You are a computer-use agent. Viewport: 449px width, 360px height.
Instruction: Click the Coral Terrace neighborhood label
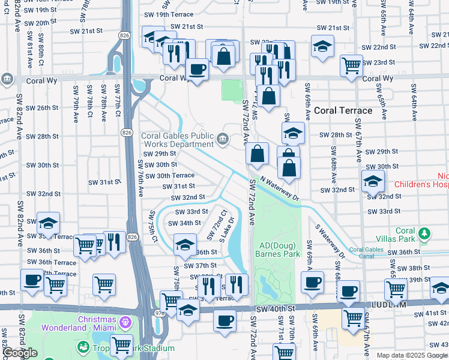343,110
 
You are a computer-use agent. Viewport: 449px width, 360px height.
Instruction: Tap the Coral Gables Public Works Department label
178,140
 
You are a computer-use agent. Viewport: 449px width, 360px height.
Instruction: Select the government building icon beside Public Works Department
223,140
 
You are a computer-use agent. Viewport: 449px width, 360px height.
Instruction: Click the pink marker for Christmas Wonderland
125,322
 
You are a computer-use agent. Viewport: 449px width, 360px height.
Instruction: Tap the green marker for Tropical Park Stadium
82,347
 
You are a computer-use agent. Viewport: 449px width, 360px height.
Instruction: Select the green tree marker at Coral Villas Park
425,233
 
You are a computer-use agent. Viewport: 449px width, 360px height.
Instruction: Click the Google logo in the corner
20,353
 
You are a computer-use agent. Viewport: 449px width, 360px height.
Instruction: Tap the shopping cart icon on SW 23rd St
351,65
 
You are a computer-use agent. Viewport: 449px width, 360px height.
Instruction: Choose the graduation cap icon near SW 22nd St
322,47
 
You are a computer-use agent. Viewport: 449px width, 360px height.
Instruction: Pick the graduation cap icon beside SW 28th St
293,133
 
